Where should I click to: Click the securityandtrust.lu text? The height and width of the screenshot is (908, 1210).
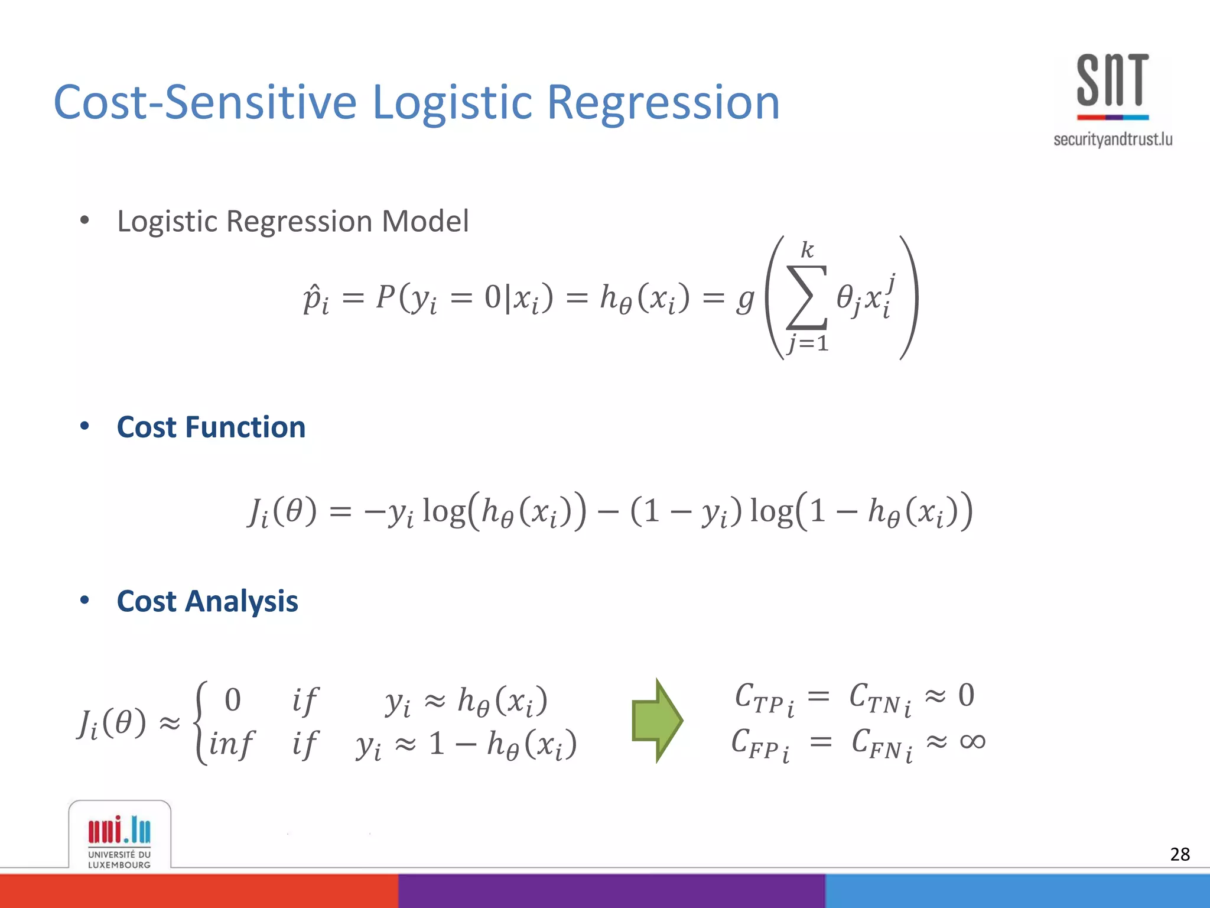(x=1113, y=140)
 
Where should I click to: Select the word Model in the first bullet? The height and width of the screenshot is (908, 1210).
(x=425, y=222)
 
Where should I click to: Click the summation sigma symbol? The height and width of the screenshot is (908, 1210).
(x=806, y=297)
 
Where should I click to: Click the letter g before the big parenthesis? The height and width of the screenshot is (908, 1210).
(x=746, y=299)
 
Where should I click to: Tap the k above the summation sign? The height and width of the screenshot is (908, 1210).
(x=807, y=250)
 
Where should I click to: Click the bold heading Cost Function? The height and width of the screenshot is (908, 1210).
(x=211, y=427)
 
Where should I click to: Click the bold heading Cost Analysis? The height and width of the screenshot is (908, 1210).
(x=207, y=602)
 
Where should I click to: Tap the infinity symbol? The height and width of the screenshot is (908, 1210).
(x=972, y=741)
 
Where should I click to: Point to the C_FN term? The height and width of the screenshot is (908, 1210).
(x=881, y=744)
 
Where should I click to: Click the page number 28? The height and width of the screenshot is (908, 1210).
(x=1179, y=854)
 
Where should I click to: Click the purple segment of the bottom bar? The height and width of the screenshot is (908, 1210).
(x=611, y=891)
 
